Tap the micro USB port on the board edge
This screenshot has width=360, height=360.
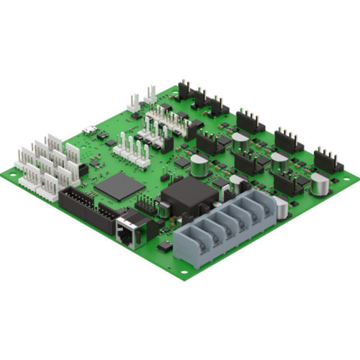[x=89, y=130]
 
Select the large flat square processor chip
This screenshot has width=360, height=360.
[x=119, y=186]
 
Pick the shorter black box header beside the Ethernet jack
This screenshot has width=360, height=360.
[x=108, y=214]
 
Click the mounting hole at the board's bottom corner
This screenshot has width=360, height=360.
[x=184, y=272]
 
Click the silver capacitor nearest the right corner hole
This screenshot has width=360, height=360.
[x=320, y=185]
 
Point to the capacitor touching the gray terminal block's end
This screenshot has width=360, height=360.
[x=282, y=208]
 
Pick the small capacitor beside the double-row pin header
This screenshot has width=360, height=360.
[x=165, y=210]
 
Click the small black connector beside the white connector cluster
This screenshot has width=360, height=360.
[x=82, y=170]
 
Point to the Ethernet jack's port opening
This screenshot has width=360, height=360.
[x=125, y=235]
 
